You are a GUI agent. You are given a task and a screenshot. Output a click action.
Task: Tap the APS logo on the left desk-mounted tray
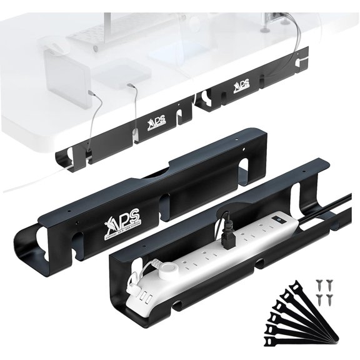[x=155, y=121]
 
